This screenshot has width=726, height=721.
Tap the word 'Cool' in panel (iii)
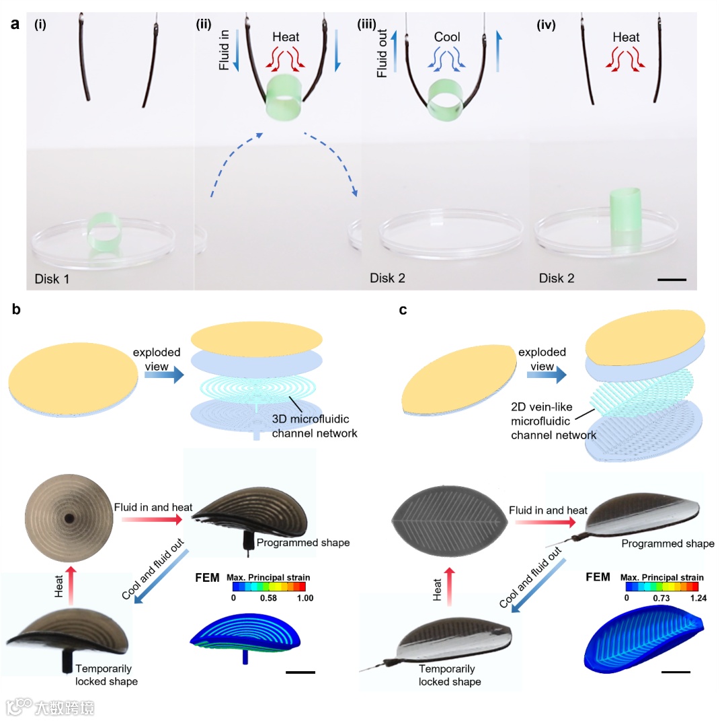point(447,37)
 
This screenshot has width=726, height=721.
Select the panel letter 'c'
point(402,310)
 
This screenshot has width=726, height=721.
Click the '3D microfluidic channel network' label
point(314,427)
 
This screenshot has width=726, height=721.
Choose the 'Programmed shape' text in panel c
point(668,543)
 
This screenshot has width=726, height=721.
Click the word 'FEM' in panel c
point(597,577)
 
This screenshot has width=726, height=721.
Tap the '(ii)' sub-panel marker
point(203,26)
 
